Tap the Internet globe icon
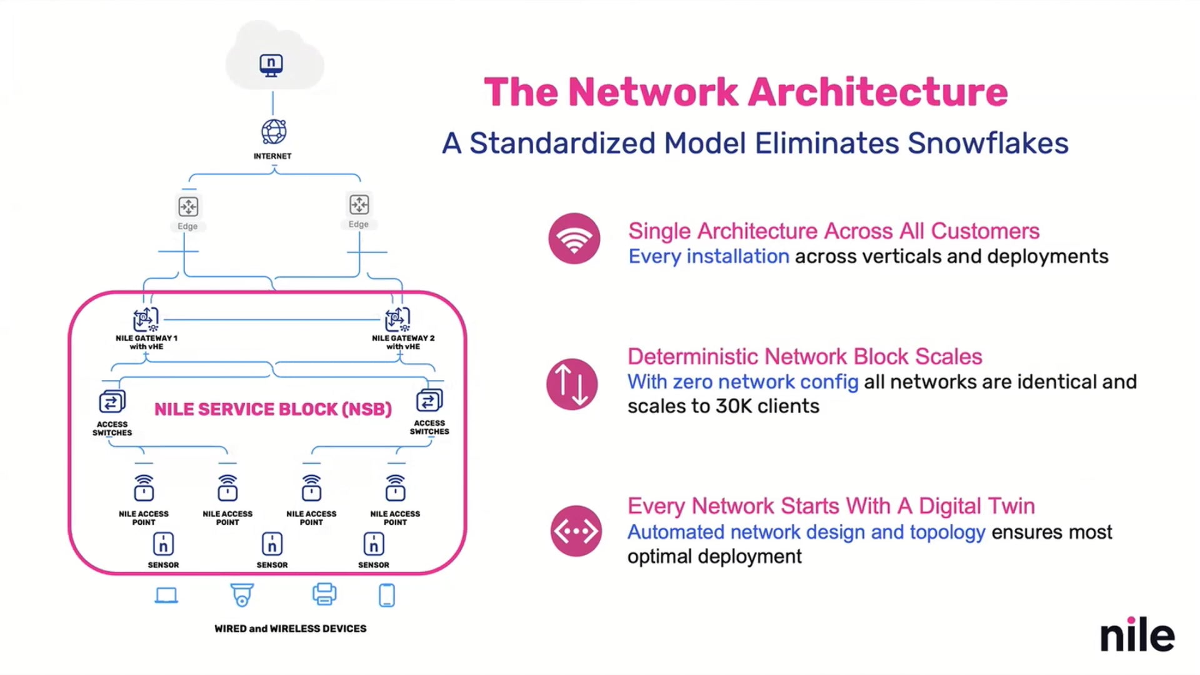pos(274,132)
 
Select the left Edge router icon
pos(188,206)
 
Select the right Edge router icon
pos(359,204)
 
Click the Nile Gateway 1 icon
pos(146,319)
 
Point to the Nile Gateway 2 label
pos(403,342)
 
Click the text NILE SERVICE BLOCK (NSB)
pos(273,409)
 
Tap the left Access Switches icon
pos(112,401)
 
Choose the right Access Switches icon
pos(429,400)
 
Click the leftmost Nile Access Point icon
pos(144,488)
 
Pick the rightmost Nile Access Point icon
pos(395,488)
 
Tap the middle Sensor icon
pos(272,544)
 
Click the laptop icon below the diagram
pos(166,596)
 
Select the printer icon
pos(324,594)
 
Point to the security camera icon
pos(242,595)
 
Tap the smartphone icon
pos(387,595)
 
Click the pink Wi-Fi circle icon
pos(574,239)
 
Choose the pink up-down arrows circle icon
pos(572,384)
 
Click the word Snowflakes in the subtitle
pos(987,143)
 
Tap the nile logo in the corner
pos(1137,635)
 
